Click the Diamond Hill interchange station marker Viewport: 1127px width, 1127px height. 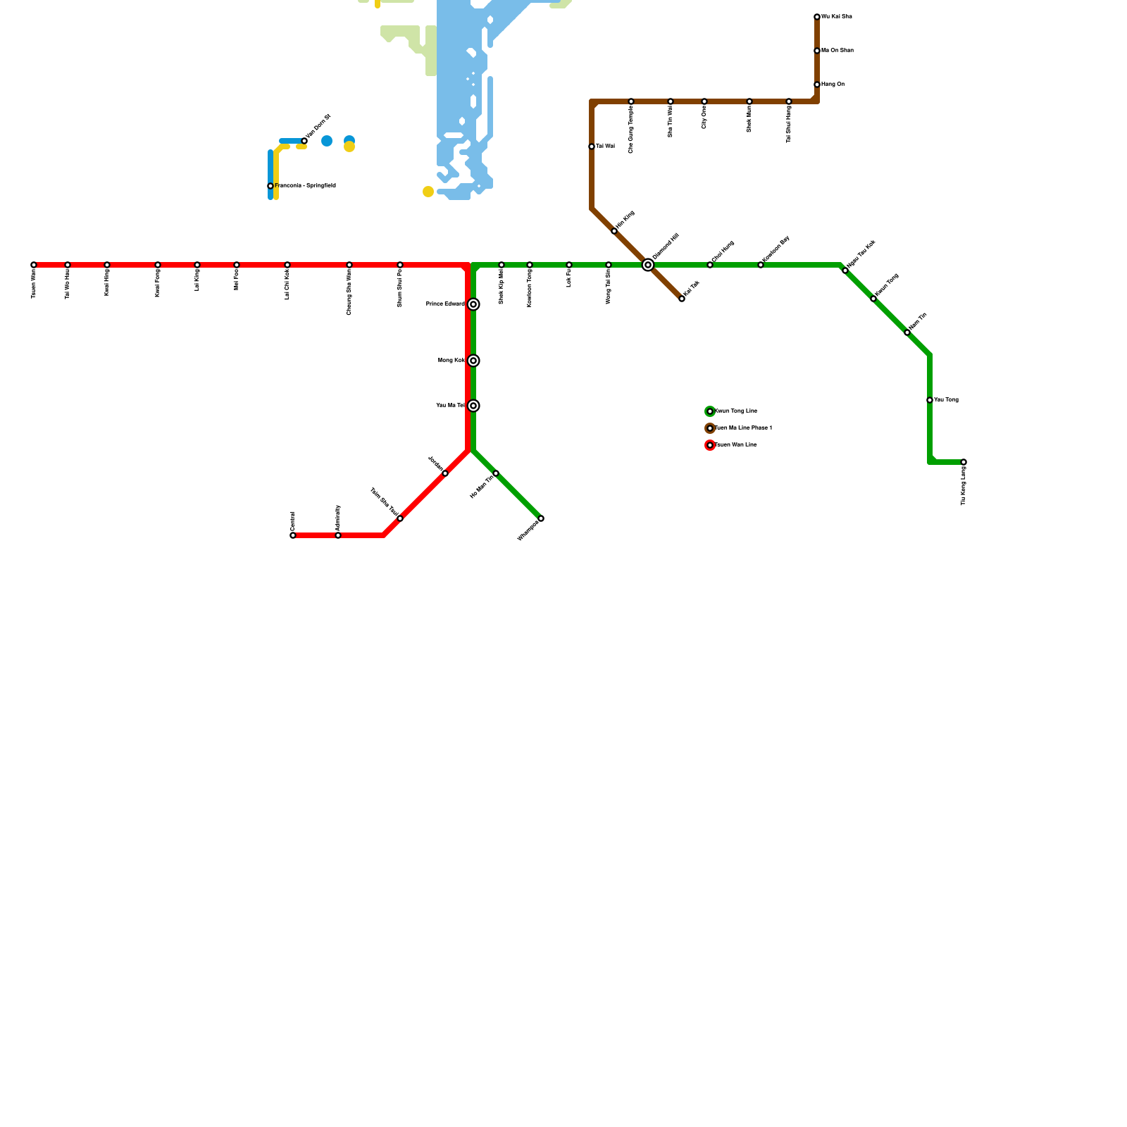point(648,265)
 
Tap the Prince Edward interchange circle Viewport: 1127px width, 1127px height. point(474,304)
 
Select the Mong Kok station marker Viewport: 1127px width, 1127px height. point(474,361)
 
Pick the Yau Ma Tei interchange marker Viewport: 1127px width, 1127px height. point(474,406)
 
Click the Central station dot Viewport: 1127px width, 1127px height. point(293,535)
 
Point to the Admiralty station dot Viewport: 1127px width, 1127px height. point(338,535)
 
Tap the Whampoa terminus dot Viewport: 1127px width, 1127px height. point(541,518)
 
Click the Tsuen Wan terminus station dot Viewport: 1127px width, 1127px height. point(34,265)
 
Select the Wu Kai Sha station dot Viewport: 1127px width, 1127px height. point(817,17)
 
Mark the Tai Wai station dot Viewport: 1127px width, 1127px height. point(592,147)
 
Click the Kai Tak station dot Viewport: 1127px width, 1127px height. point(682,299)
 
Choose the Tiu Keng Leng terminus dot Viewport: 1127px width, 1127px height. point(964,462)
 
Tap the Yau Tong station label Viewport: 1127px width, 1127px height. point(946,400)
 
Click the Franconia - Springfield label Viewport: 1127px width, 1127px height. point(305,186)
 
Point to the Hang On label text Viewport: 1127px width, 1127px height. point(833,85)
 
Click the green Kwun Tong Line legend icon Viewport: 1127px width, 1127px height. point(710,411)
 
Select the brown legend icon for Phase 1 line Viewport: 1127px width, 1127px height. point(710,428)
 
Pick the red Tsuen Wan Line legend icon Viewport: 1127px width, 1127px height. point(710,445)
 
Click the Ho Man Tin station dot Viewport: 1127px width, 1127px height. point(496,473)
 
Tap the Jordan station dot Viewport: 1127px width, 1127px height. point(445,473)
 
